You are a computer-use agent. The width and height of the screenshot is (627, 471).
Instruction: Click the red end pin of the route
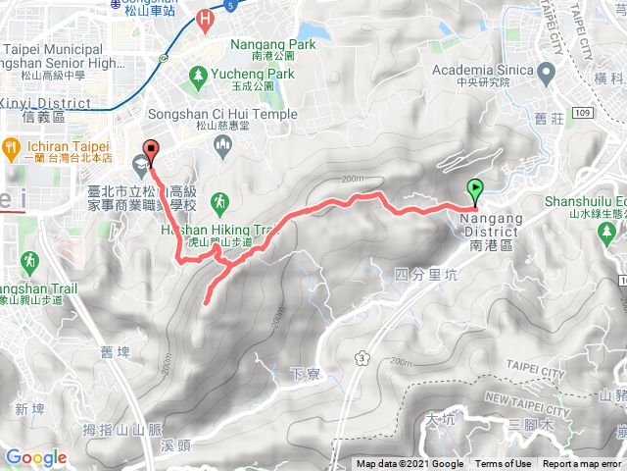pos(149,153)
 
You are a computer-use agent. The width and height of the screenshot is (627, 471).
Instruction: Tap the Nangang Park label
pos(273,44)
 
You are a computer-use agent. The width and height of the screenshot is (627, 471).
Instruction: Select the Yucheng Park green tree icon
pos(200,74)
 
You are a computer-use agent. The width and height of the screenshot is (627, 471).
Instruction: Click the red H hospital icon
pos(204,17)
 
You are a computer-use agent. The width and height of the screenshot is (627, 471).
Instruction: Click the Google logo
pos(35,457)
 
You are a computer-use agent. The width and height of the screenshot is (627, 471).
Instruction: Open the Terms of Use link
pos(503,464)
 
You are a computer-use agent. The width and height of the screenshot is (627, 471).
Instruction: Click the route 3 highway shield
pos(364,355)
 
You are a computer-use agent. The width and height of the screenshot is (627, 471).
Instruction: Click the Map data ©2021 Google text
pos(410,464)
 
